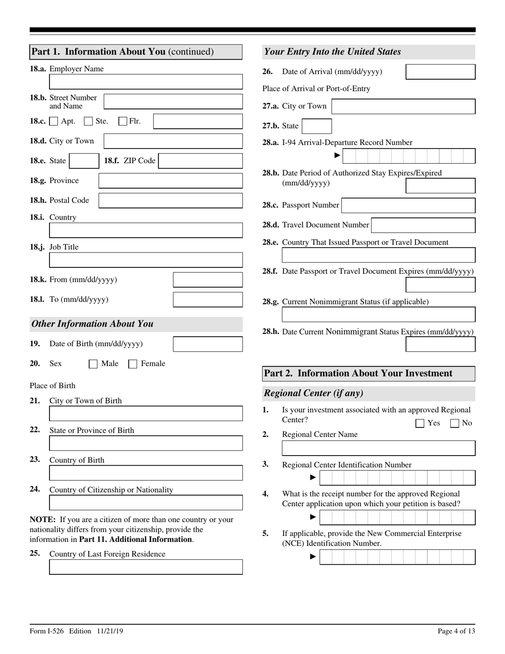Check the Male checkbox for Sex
93,364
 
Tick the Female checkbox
133,364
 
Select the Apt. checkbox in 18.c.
54,121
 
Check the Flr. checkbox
123,121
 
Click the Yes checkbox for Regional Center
420,424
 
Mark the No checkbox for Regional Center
454,424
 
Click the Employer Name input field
146,82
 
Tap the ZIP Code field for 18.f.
200,161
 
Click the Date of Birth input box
208,344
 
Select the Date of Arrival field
440,72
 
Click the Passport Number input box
408,205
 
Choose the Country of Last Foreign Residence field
146,567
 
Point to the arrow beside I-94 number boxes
337,155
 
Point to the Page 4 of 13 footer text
456,631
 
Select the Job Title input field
146,260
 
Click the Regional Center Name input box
378,448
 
